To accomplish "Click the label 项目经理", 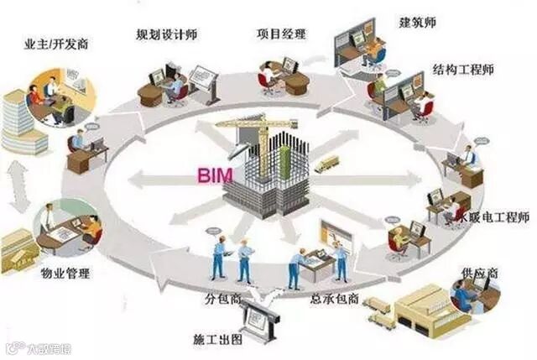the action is click(281, 34).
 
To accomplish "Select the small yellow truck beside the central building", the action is click(326, 164).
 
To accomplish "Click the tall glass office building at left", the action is click(23, 122).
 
